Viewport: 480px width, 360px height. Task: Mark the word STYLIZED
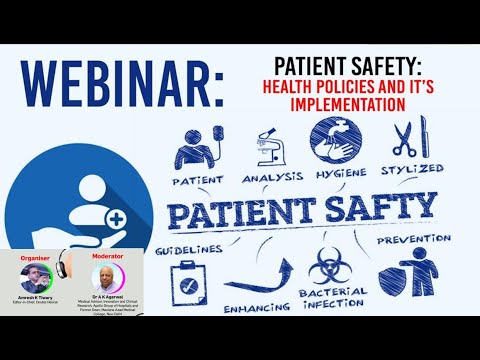click(411, 169)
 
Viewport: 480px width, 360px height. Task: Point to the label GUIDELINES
click(187, 244)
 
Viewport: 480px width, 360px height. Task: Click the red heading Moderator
click(109, 256)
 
